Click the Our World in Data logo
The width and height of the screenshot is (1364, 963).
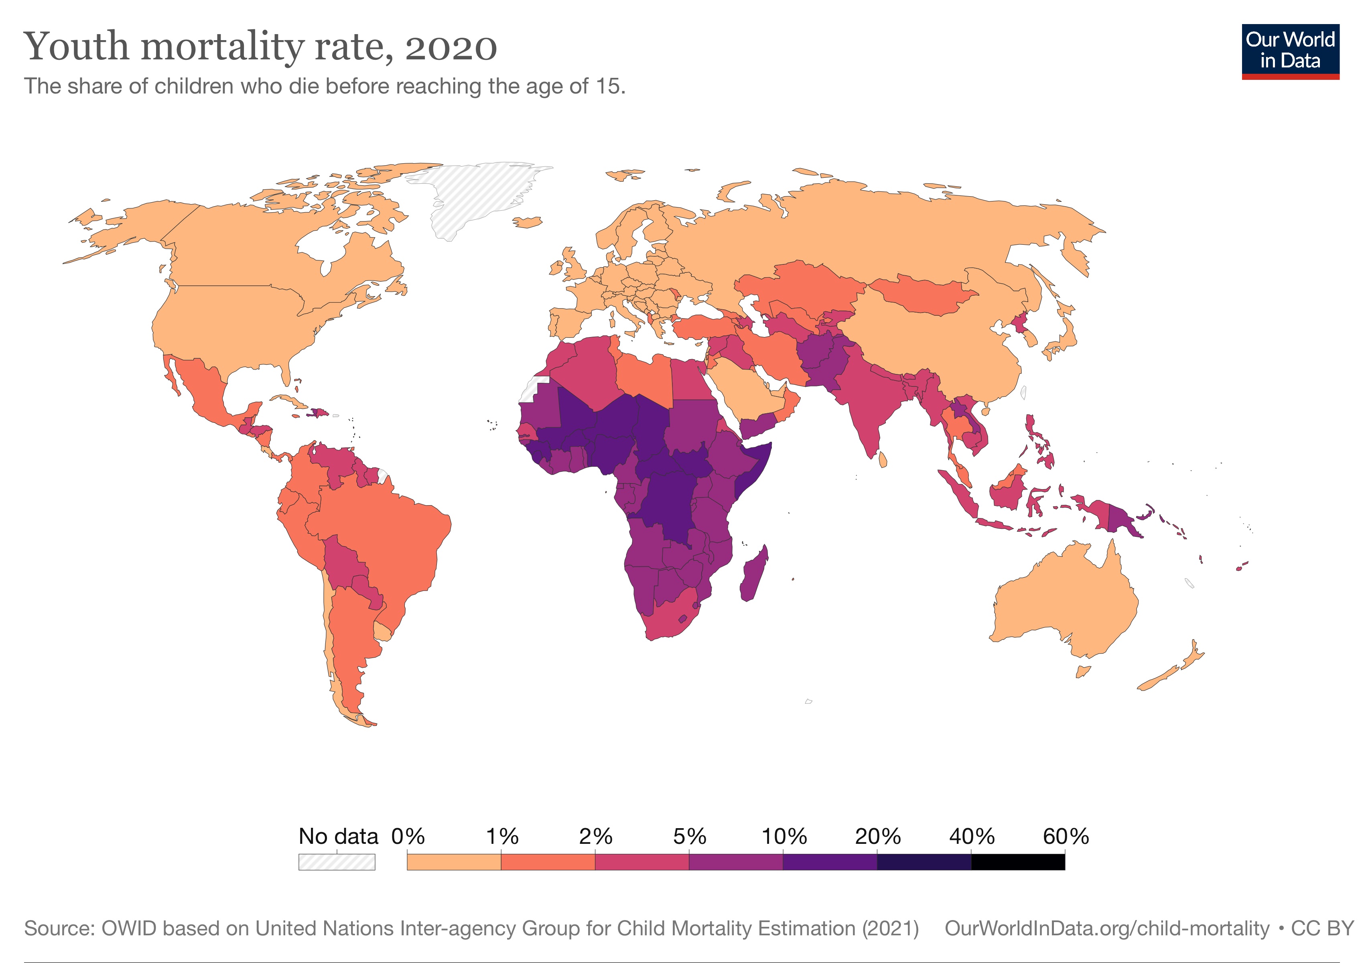1290,51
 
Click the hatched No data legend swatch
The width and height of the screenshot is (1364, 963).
336,862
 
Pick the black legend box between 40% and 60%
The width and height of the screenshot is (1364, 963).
1018,862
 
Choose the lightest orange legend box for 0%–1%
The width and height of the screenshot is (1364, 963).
453,862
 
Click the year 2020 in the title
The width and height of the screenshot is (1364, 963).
451,47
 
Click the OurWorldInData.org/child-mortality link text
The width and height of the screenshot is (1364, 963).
1106,928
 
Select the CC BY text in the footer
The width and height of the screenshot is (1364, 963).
1322,928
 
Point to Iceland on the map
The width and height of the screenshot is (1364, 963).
527,222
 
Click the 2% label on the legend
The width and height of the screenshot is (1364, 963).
595,837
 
